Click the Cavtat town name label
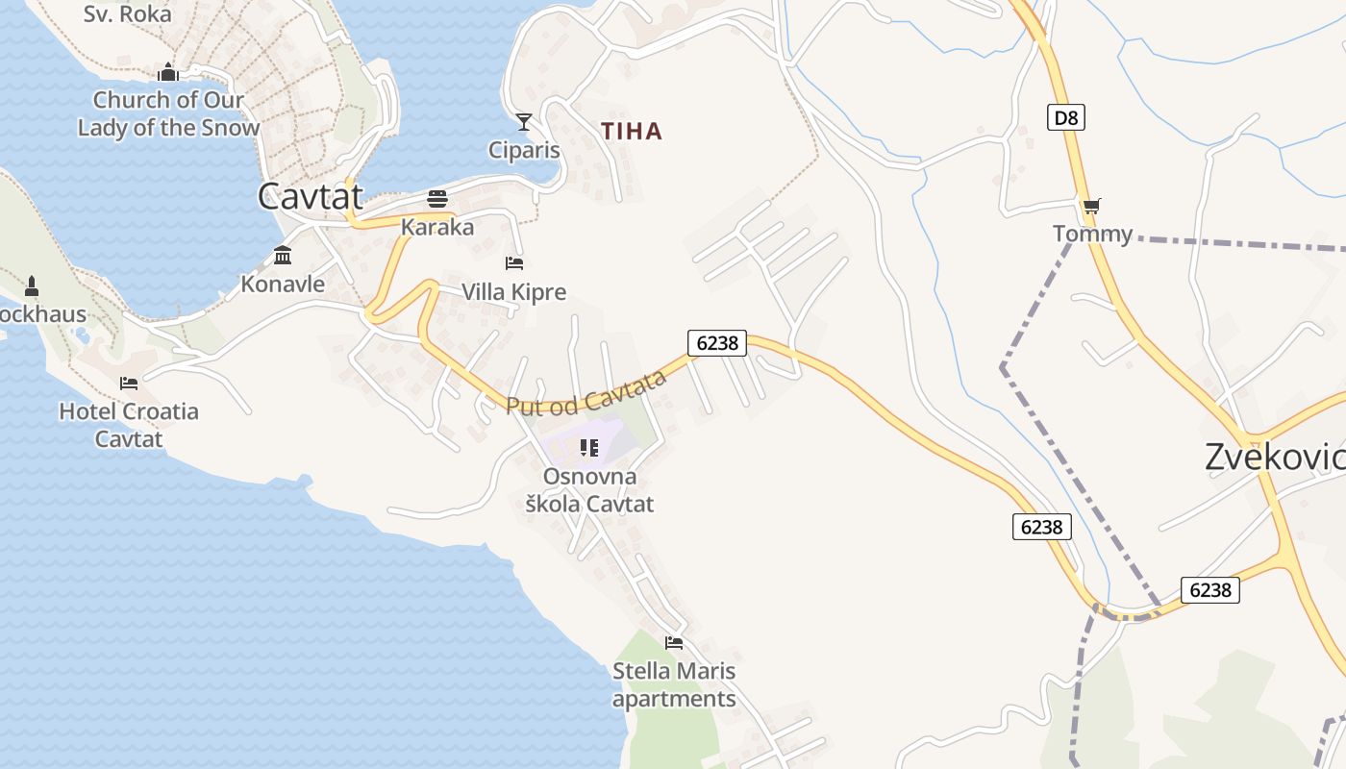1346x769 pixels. click(311, 197)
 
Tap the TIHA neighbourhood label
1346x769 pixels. click(632, 132)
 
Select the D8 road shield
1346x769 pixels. click(1065, 118)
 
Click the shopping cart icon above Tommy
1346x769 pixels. click(1091, 206)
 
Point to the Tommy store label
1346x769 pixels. click(1092, 234)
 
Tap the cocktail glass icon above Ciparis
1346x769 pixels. click(524, 122)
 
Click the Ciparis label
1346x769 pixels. click(524, 150)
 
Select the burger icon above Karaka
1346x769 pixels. click(437, 199)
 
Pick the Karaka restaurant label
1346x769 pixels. click(437, 227)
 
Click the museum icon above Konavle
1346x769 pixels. click(283, 256)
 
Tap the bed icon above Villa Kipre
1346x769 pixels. click(514, 263)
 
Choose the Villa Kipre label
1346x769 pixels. click(514, 291)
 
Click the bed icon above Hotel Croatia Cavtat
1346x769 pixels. click(129, 384)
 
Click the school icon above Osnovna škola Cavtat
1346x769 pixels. click(589, 448)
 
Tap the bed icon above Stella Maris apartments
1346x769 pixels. click(674, 643)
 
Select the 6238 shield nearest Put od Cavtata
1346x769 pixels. click(717, 343)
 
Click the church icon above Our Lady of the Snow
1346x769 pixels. click(168, 72)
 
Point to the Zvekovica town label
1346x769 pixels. click(1274, 458)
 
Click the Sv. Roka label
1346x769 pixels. click(127, 13)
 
